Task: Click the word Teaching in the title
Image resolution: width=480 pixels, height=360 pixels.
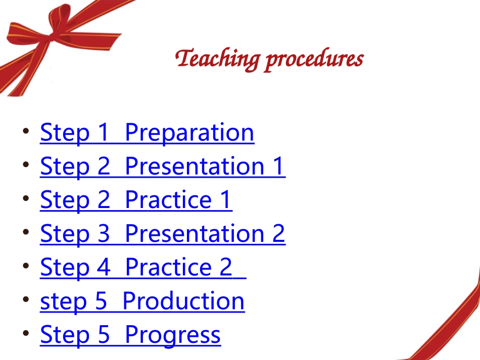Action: coord(218,59)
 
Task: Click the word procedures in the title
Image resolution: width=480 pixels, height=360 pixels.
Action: coord(314,59)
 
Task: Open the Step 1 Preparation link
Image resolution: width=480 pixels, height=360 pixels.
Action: coord(147,133)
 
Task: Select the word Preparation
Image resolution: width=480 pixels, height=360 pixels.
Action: coord(189,133)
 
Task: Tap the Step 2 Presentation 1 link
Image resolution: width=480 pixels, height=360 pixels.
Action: coord(162,167)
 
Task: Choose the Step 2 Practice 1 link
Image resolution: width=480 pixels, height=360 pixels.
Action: coord(135,200)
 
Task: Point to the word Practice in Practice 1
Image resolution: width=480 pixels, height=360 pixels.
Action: coord(168,200)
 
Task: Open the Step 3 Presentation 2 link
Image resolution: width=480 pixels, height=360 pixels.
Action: coord(162,234)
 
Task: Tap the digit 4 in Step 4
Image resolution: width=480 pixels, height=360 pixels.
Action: coord(103,267)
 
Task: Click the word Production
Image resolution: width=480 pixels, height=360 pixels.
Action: coord(183,301)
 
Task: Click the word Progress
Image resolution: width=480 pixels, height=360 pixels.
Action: coord(172,335)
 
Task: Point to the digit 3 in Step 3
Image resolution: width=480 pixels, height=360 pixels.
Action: coord(103,234)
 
